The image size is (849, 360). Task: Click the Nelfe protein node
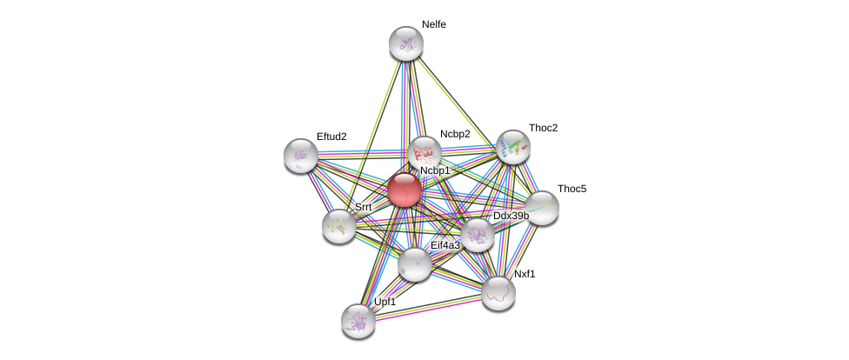coord(405,43)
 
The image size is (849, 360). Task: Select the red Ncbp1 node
coord(404,189)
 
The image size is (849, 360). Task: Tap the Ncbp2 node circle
coord(424,153)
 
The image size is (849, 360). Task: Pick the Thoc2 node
coord(513,147)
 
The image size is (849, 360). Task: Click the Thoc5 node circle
coord(542,208)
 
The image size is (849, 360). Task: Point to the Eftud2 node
coord(301,156)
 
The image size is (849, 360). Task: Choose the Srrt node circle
coord(338,226)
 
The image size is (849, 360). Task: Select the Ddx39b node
coord(478,235)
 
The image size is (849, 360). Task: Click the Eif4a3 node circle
coord(415,264)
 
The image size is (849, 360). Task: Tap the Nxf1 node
coord(498,293)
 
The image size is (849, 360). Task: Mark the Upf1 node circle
coord(358,321)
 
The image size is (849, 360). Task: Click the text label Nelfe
coord(433,24)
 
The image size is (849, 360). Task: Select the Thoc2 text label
coord(543,128)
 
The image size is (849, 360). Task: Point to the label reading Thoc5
coord(572,189)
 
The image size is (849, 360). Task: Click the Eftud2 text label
coord(331,137)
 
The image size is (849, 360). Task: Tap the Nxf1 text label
coord(525,274)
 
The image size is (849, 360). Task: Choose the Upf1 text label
coord(384,302)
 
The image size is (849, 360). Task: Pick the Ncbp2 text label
coord(454,134)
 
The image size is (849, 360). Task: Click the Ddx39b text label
coord(511,216)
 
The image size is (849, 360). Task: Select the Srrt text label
coord(363,207)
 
